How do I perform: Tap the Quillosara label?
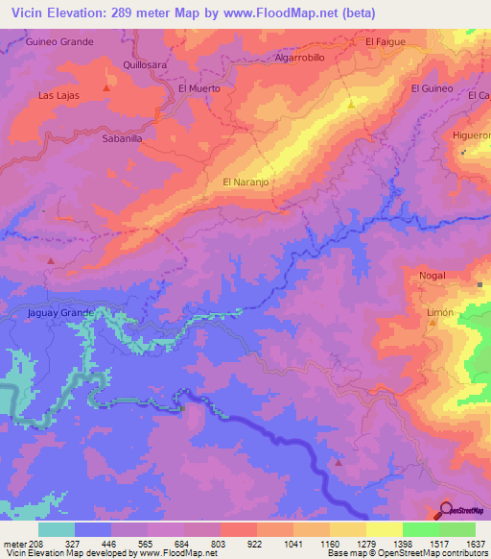(145, 65)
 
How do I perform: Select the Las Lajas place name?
(58, 96)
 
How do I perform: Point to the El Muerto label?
(199, 88)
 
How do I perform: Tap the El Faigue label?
(386, 42)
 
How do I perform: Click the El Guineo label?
(432, 88)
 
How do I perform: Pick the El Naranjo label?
(244, 181)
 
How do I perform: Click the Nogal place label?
(433, 276)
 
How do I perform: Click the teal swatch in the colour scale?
(57, 528)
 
